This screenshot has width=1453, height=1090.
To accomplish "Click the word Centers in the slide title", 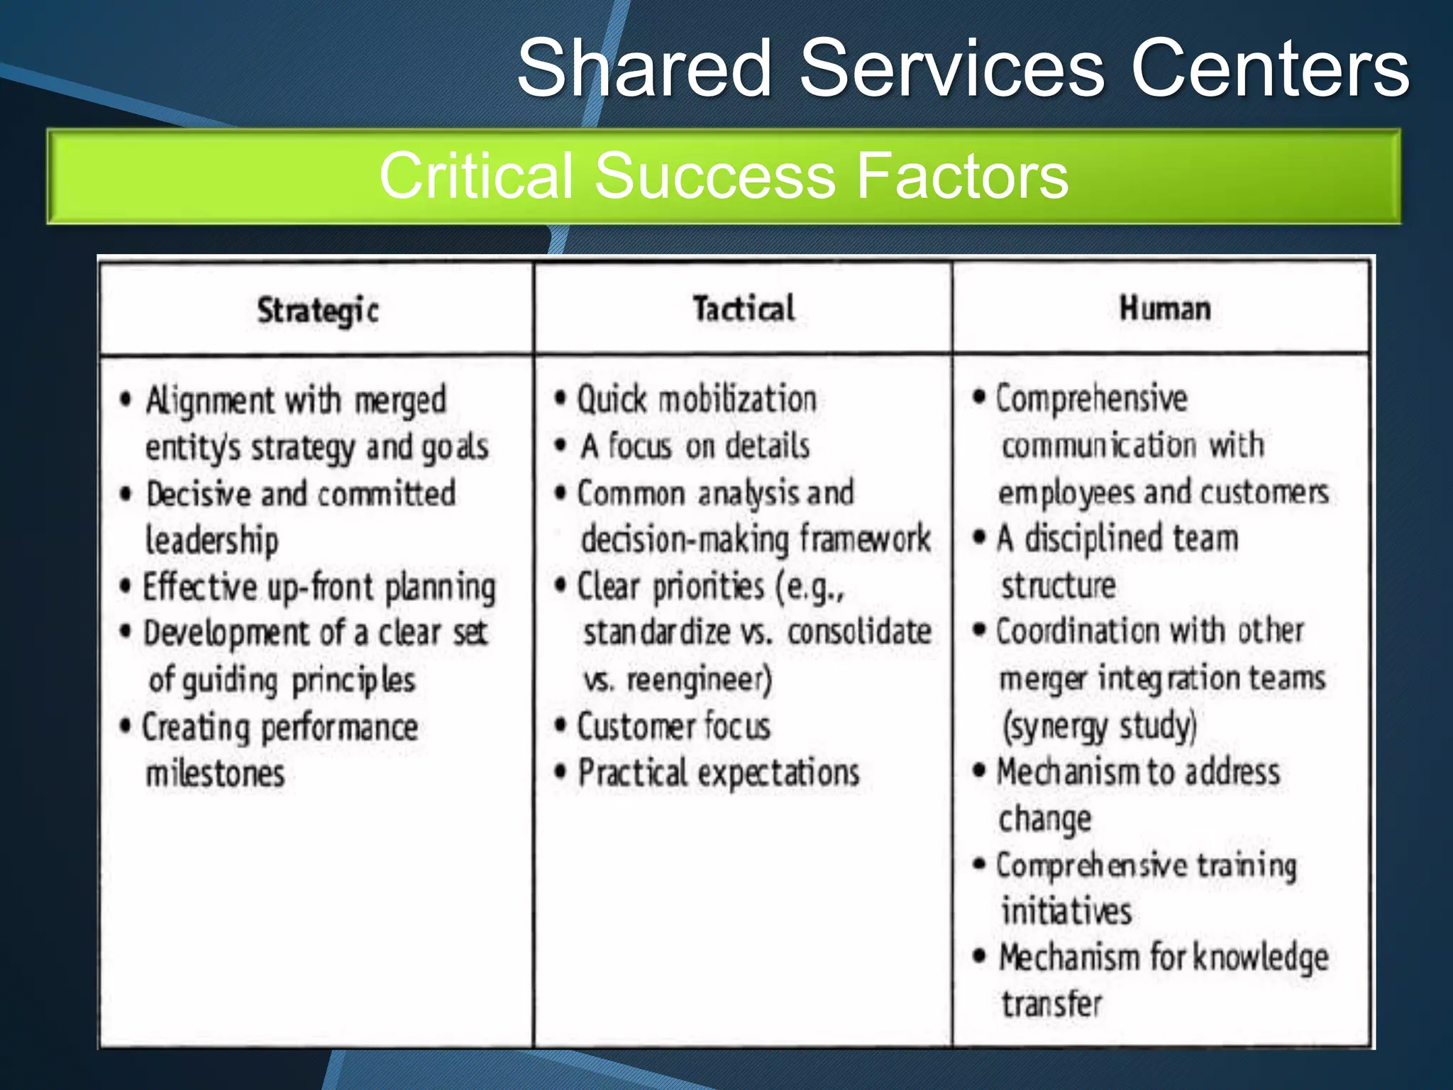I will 1269,69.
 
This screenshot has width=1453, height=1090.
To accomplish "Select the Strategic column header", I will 317,311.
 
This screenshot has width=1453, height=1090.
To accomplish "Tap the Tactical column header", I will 743,309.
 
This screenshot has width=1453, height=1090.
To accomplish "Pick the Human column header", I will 1164,309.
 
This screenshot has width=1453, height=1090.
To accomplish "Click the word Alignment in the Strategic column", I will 209,401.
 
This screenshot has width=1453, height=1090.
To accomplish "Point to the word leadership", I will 211,541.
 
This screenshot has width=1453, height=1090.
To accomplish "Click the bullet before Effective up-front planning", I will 126,587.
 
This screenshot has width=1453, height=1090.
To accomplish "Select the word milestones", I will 215,774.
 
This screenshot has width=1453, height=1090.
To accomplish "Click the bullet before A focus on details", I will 560,446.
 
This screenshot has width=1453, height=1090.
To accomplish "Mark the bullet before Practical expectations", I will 560,771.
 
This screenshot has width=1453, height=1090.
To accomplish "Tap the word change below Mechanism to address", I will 1044,820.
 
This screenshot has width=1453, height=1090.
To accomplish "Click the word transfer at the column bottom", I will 1051,1004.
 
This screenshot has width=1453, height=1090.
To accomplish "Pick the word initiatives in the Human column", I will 1066,911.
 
